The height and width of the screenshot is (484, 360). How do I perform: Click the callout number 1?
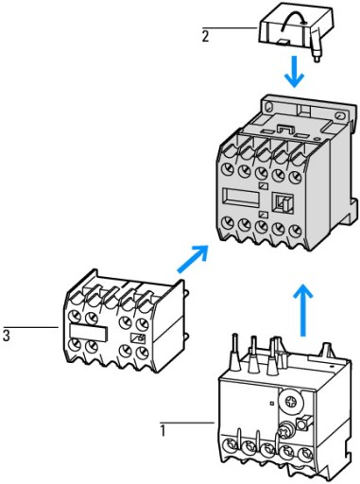[x=163, y=431]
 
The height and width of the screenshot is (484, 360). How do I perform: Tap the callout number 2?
[x=205, y=37]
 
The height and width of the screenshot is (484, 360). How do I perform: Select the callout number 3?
[x=7, y=336]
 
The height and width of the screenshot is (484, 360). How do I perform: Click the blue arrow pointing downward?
[x=294, y=72]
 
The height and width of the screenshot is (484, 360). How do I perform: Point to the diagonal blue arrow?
[x=193, y=258]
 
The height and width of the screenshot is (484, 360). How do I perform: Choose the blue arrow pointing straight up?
[x=303, y=310]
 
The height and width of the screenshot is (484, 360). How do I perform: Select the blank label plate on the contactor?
[x=241, y=198]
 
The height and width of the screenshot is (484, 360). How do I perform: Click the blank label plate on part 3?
[x=89, y=333]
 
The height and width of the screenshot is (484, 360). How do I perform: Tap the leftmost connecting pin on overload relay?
[x=235, y=352]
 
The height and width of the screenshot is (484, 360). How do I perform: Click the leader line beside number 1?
[x=187, y=423]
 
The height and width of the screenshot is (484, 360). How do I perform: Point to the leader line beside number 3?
[x=30, y=327]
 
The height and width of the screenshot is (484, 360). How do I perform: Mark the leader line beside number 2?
[x=230, y=28]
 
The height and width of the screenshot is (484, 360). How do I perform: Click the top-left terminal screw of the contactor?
[x=228, y=169]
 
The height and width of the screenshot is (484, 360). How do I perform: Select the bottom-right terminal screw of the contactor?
[x=295, y=232]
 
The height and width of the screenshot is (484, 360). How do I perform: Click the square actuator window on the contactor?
[x=283, y=202]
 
